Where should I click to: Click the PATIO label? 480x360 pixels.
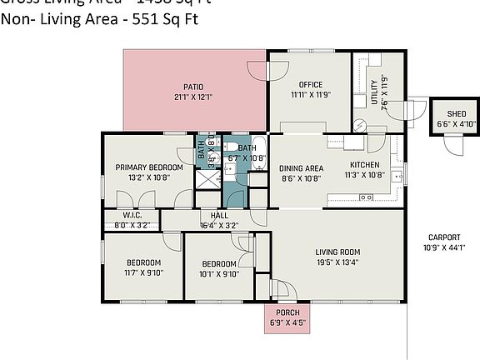[194, 86]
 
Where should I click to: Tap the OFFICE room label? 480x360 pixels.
[306, 84]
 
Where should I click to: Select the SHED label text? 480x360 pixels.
[456, 114]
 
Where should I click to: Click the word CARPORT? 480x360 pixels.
[443, 237]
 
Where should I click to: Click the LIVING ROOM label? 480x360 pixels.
[337, 252]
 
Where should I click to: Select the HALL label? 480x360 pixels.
[219, 215]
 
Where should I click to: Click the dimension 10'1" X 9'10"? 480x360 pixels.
[218, 274]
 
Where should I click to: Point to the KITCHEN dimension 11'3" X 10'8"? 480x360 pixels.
[365, 176]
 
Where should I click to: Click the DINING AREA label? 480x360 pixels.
[301, 167]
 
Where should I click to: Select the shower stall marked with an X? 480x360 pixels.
[205, 178]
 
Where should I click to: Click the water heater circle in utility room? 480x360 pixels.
[360, 125]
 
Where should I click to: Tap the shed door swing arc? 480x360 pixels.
[456, 143]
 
